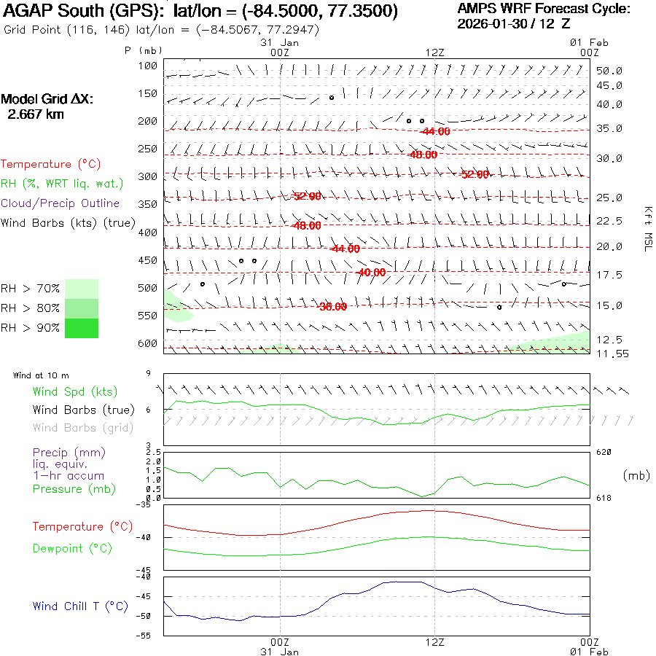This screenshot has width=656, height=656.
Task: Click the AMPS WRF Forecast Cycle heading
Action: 544,9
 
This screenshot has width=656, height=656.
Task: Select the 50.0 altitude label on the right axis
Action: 609,71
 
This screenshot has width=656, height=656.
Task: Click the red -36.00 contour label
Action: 332,307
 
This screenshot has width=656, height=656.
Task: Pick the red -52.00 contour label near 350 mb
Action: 306,196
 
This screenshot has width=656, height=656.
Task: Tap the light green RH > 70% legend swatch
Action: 82,289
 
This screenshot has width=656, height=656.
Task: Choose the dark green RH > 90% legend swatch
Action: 82,328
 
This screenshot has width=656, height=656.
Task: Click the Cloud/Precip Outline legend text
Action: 60,203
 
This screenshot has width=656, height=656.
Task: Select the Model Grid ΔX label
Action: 47,100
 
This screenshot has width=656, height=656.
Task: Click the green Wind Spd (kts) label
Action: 74,392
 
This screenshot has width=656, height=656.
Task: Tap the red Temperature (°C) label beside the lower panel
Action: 78,526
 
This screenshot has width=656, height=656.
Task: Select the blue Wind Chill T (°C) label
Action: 80,606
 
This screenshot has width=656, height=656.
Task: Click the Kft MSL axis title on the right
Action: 647,228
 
